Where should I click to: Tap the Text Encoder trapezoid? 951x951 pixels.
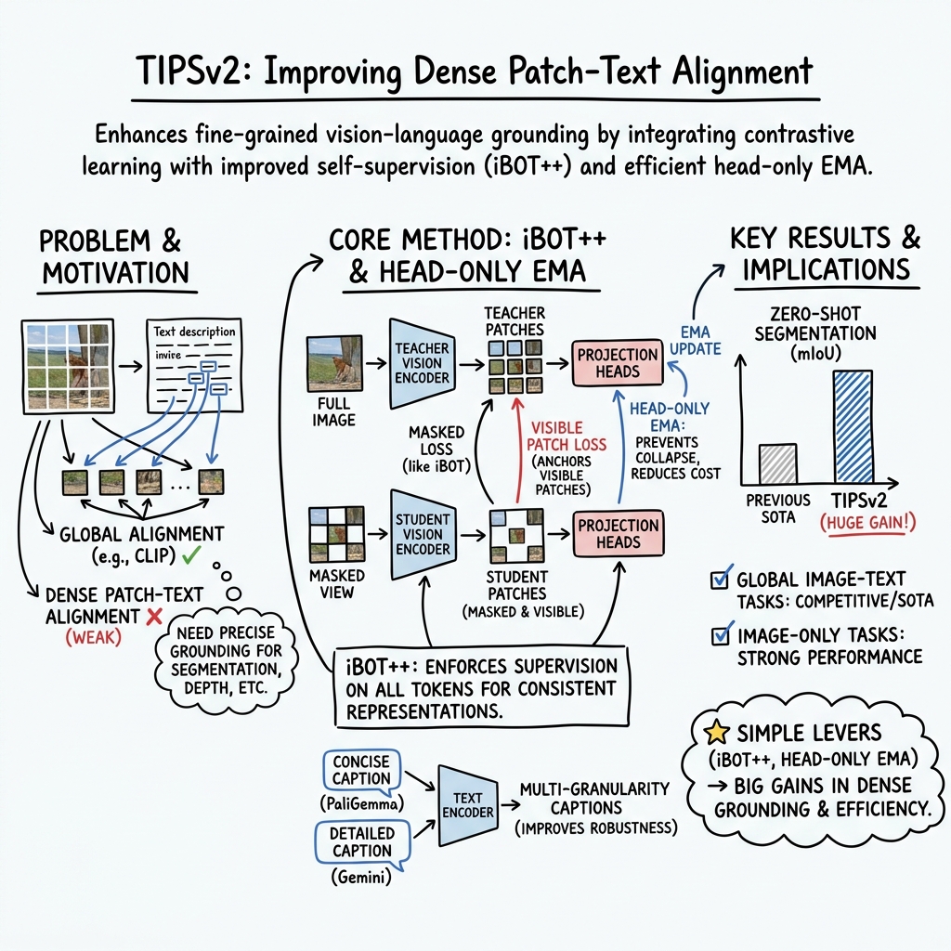click(x=467, y=805)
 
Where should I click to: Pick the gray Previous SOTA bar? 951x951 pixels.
click(x=777, y=462)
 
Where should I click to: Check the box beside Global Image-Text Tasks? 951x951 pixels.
click(x=719, y=580)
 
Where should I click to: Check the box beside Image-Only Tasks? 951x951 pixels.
click(x=719, y=636)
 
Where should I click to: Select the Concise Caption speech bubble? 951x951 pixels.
click(x=361, y=771)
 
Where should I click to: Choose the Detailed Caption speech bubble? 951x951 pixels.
click(x=361, y=842)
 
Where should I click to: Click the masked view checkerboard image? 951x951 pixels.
click(x=337, y=533)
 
